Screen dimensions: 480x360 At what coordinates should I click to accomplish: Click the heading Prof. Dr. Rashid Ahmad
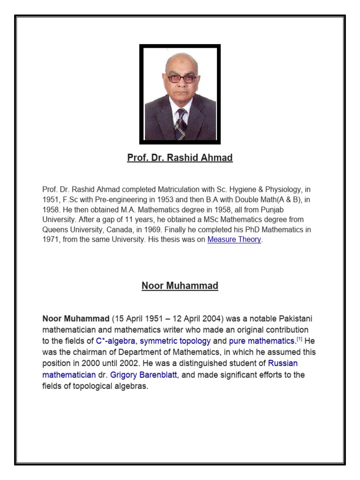point(180,158)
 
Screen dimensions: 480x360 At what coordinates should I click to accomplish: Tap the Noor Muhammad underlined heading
point(180,286)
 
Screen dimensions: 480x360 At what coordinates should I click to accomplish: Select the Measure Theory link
point(234,240)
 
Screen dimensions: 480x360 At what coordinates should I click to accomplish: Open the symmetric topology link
point(175,341)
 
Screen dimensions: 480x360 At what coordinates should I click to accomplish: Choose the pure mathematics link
point(258,341)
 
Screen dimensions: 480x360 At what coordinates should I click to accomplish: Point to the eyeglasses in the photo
point(181,78)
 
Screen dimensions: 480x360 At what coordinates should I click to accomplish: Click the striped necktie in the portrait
point(180,124)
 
